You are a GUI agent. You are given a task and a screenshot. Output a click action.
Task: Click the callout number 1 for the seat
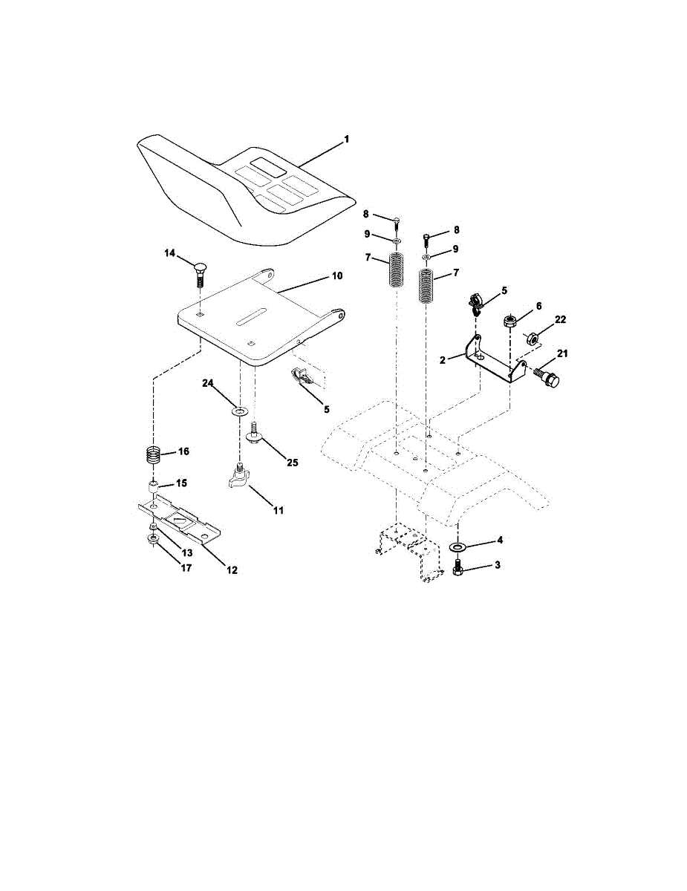click(x=347, y=140)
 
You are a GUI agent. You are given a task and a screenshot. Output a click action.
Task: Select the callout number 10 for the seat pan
click(x=337, y=276)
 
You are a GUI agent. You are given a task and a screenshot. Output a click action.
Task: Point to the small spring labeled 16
click(x=152, y=455)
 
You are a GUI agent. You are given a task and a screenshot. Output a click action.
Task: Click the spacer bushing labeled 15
click(x=153, y=489)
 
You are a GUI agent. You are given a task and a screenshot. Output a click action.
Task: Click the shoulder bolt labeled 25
click(x=254, y=432)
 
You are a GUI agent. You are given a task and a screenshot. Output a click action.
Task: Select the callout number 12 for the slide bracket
click(x=232, y=570)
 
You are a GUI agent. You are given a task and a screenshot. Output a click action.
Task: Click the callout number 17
click(x=186, y=568)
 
